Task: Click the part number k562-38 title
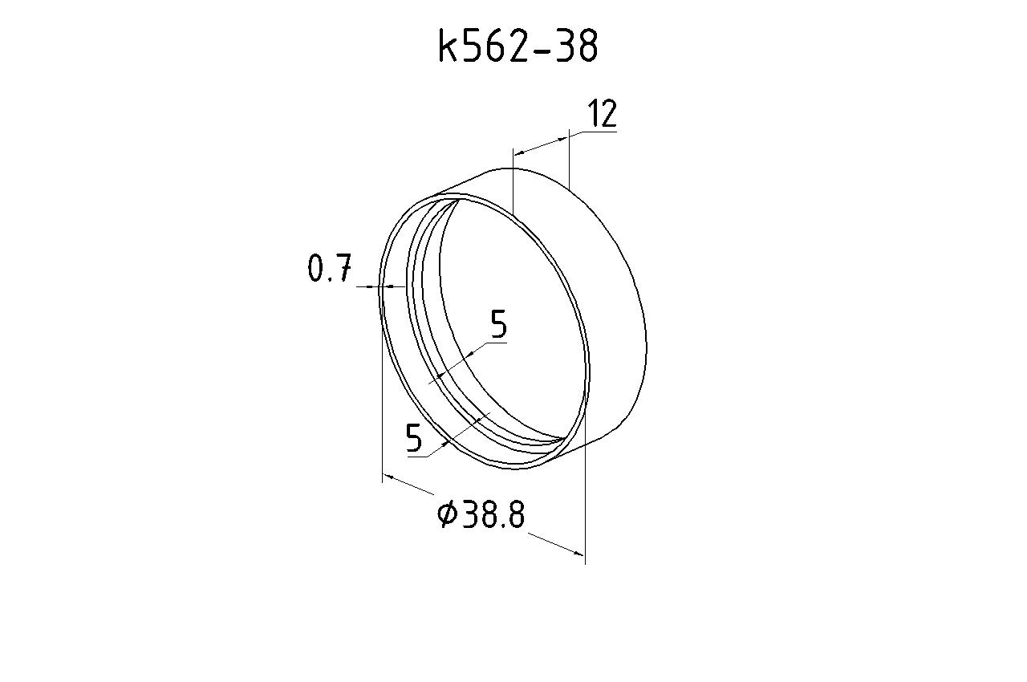click(x=518, y=46)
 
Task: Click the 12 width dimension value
click(x=602, y=113)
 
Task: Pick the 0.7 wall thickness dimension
click(x=330, y=268)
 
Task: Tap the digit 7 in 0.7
click(x=343, y=268)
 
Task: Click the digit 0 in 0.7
click(x=316, y=268)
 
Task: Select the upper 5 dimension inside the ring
click(x=499, y=323)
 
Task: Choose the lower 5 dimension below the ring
click(x=413, y=438)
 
